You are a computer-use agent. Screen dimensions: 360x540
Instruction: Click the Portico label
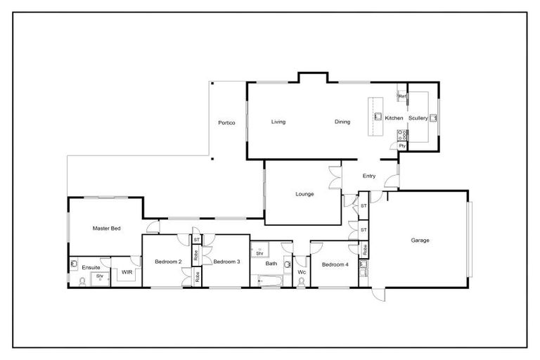[226, 123]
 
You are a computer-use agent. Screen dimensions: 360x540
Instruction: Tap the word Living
[278, 122]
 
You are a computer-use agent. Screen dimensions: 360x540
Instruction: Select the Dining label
[342, 122]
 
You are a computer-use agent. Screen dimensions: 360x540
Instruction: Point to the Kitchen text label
[394, 118]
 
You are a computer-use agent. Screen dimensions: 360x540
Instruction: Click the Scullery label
[418, 118]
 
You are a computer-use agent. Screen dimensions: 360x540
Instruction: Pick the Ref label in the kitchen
[401, 96]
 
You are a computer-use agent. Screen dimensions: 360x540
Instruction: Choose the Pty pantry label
[402, 146]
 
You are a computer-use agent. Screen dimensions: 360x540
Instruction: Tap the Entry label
[369, 176]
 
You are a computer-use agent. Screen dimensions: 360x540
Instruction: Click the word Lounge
[304, 194]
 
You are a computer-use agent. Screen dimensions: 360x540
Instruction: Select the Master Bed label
[106, 229]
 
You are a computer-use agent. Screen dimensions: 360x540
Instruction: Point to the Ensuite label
[91, 267]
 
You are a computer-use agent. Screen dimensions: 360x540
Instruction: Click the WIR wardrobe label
[127, 271]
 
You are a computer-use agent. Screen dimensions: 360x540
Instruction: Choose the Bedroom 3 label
[227, 262]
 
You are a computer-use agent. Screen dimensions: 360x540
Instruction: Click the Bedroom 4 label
[335, 264]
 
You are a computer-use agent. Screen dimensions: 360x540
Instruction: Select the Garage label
[420, 240]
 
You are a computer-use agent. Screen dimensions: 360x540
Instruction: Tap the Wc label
[302, 271]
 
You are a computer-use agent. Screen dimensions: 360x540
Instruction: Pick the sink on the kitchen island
[378, 117]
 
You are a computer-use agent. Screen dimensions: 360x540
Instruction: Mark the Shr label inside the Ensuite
[100, 276]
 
